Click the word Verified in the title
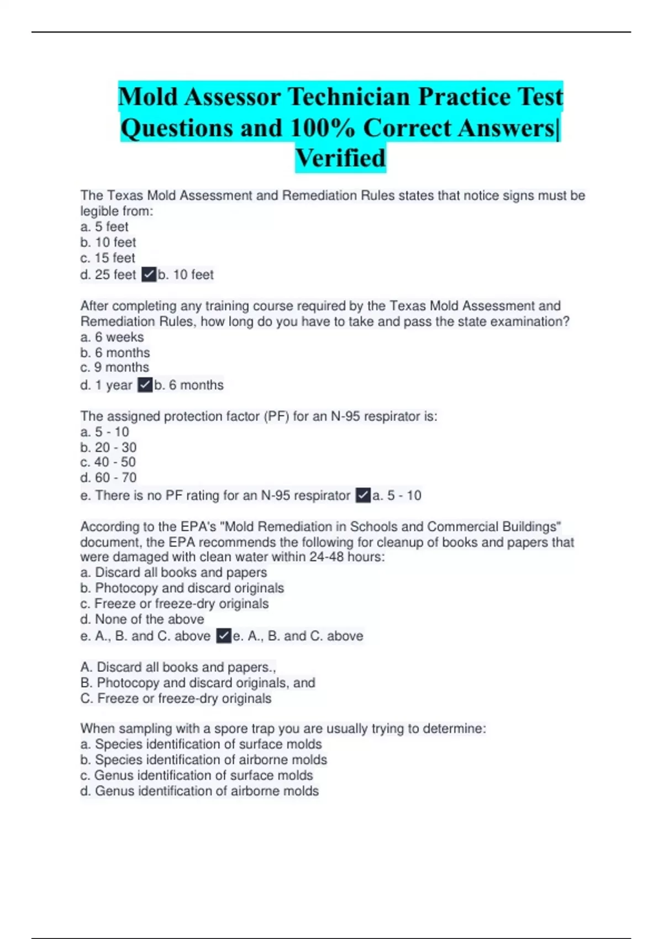tap(340, 158)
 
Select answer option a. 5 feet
tap(104, 226)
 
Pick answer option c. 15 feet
tap(108, 258)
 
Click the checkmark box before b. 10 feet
tap(149, 275)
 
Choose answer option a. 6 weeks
tap(112, 337)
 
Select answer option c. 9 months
tap(114, 367)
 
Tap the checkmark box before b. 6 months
tap(145, 385)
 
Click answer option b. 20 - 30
tap(108, 447)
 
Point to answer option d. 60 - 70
tap(108, 477)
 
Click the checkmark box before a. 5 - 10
tap(363, 495)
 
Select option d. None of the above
tap(142, 619)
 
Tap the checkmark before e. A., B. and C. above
tap(223, 636)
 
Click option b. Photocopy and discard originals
tap(182, 588)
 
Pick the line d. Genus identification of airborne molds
tap(199, 791)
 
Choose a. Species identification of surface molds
tap(201, 744)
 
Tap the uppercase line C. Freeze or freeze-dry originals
tap(176, 698)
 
